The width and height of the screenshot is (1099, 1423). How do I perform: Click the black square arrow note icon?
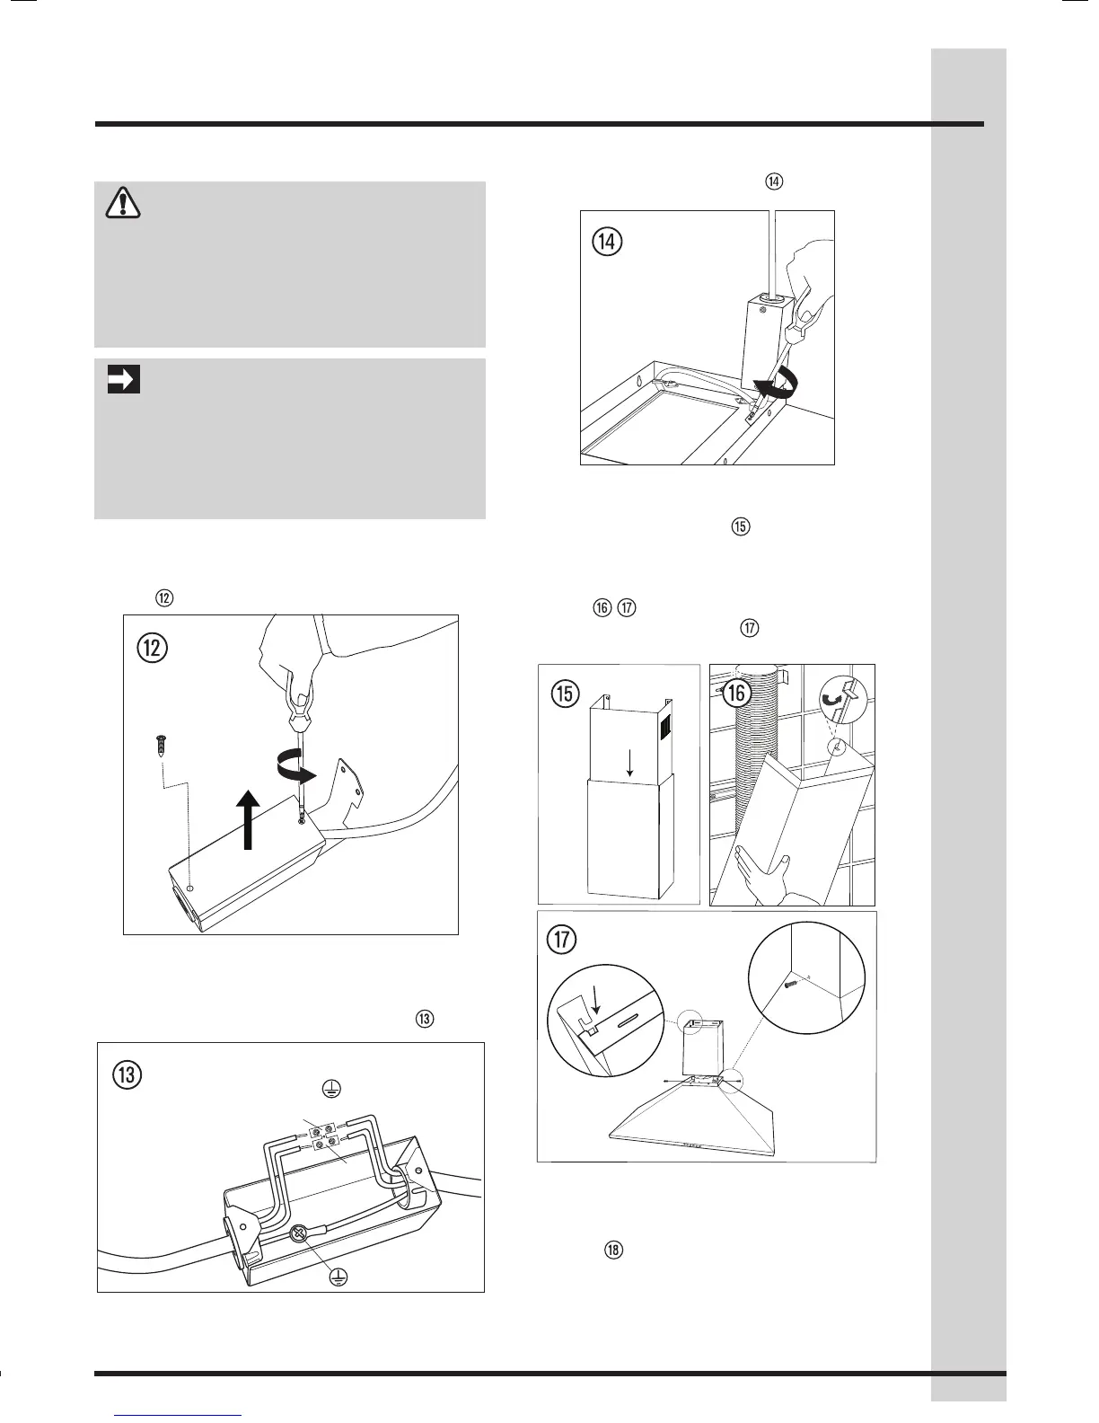(123, 380)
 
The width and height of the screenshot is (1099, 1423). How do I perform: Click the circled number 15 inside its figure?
(565, 694)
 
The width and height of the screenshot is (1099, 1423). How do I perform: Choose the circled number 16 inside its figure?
(737, 693)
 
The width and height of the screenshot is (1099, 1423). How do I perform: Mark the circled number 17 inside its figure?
(563, 941)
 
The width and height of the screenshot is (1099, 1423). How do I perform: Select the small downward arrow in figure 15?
(629, 762)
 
